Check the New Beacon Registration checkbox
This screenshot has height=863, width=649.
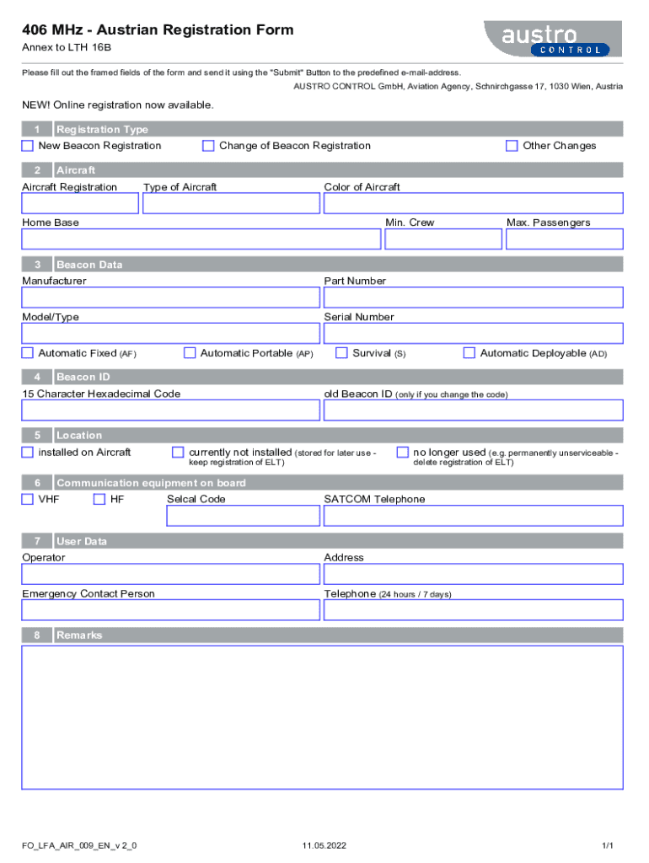[28, 146]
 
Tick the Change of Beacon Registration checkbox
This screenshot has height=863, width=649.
[208, 146]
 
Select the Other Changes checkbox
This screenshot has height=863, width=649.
[512, 146]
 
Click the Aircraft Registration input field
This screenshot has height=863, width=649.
[80, 204]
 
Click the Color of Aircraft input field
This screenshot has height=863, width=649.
[473, 204]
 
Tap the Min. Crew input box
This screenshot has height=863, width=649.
[442, 239]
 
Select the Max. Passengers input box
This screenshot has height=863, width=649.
[564, 239]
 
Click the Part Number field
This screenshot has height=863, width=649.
[473, 297]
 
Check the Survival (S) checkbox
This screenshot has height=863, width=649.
[341, 353]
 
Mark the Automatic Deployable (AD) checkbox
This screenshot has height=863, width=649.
[469, 353]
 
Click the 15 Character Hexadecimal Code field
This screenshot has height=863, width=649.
[171, 410]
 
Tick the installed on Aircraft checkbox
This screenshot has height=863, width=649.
[28, 453]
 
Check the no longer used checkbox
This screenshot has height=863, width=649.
[402, 453]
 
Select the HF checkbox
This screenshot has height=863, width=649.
[99, 499]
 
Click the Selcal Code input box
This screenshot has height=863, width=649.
[243, 516]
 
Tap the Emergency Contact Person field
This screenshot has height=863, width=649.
[171, 609]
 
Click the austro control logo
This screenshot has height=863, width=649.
[553, 40]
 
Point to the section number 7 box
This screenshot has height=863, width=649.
[37, 541]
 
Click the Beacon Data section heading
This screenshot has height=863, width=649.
[89, 265]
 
